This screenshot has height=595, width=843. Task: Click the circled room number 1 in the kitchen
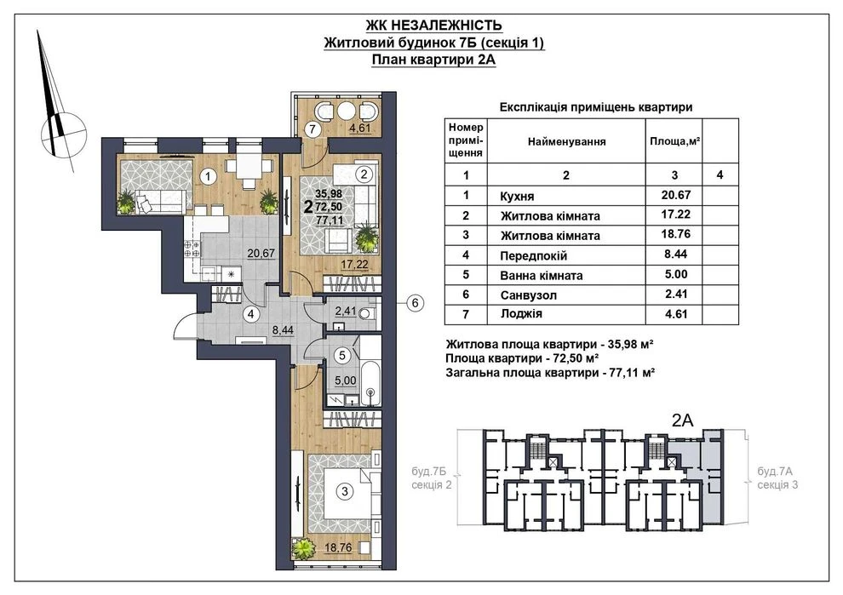point(207,175)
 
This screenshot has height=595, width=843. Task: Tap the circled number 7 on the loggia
point(312,129)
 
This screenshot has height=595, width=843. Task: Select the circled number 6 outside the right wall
point(415,303)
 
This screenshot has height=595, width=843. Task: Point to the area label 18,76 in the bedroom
point(338,547)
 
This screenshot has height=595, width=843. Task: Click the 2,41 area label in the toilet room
point(345,311)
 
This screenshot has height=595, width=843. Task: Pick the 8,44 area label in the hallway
point(283,330)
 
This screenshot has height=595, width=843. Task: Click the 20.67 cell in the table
point(676,195)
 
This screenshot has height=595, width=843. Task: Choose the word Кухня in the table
point(517,196)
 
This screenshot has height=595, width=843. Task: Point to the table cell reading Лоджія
point(521,314)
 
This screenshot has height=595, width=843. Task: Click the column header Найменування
point(566,142)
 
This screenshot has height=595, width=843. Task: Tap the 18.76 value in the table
point(676,234)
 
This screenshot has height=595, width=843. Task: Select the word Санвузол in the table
point(529,295)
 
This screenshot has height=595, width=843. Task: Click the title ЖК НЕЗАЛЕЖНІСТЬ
point(434,26)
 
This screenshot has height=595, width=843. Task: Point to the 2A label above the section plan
point(683,421)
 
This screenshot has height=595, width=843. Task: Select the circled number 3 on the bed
point(345,491)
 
